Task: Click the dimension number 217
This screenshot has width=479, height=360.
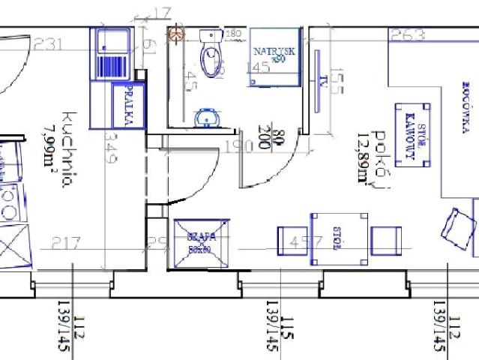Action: [66, 243]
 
